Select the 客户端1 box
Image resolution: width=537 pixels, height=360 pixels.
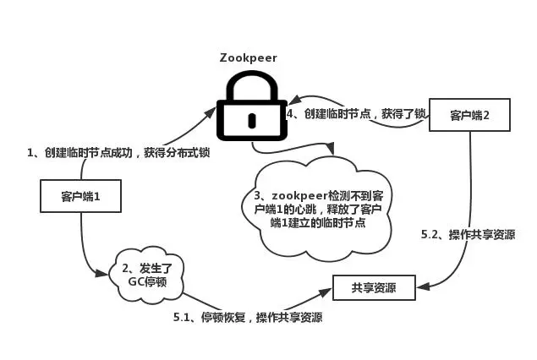pyautogui.click(x=80, y=197)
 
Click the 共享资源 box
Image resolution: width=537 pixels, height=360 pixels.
pyautogui.click(x=374, y=288)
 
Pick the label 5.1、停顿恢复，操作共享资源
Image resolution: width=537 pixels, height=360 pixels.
pyautogui.click(x=247, y=318)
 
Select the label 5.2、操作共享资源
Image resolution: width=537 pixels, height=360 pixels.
pyautogui.click(x=468, y=234)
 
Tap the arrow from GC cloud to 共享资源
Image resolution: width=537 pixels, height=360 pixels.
pyautogui.click(x=254, y=303)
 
